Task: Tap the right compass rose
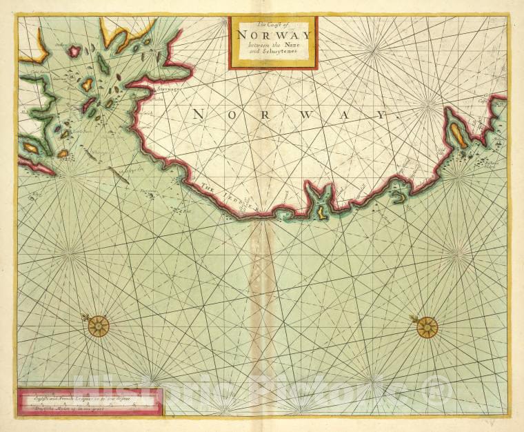[x=427, y=326]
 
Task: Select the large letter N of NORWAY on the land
[x=198, y=115]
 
